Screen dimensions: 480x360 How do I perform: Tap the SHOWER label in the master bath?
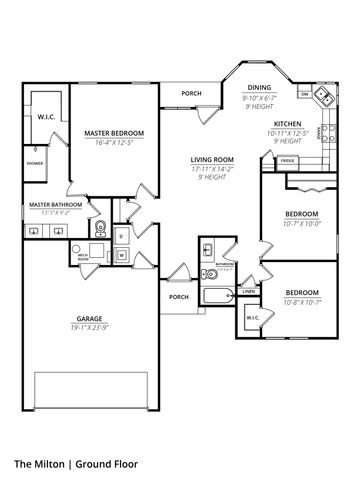click(x=34, y=160)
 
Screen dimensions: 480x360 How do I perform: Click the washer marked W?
click(x=122, y=255)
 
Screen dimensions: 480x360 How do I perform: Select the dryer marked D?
click(x=122, y=236)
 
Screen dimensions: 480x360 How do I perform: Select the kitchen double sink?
click(x=323, y=98)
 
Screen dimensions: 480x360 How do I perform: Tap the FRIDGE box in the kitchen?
click(x=287, y=160)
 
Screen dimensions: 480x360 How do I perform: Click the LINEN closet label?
click(x=248, y=291)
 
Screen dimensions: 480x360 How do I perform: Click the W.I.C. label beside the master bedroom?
click(x=47, y=115)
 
